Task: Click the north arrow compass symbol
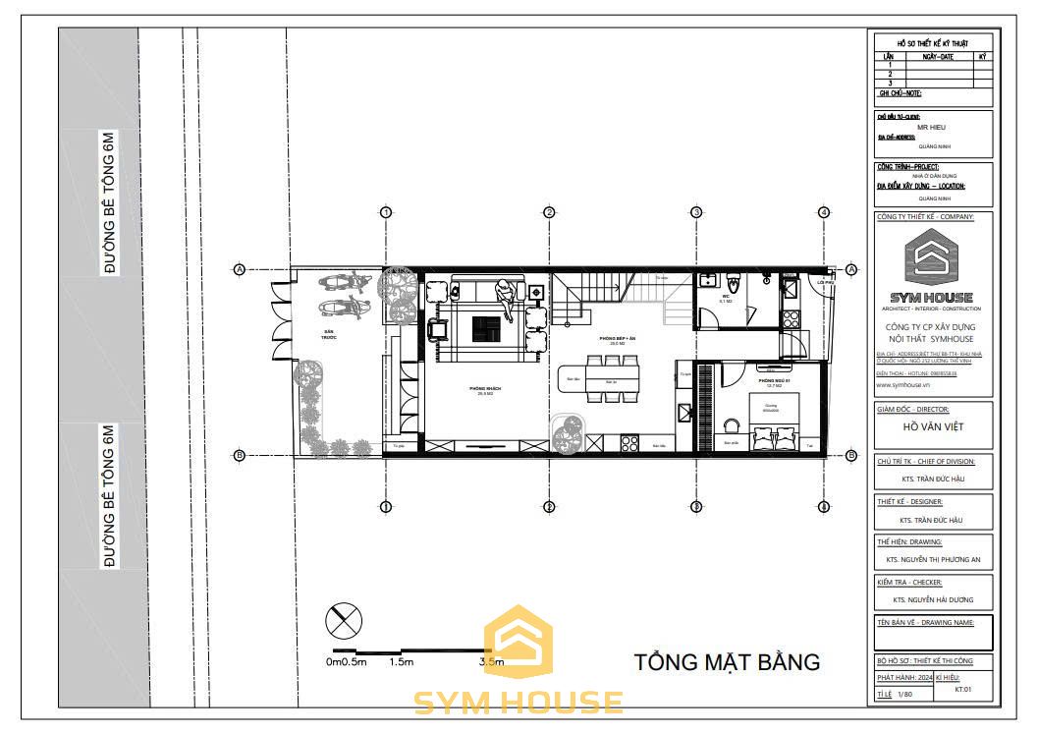pyautogui.click(x=344, y=620)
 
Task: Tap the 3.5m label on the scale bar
pyautogui.click(x=491, y=661)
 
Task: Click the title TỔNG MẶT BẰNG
pyautogui.click(x=726, y=661)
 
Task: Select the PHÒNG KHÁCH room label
pyautogui.click(x=485, y=389)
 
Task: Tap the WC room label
pyautogui.click(x=724, y=296)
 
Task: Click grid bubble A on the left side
pyautogui.click(x=239, y=269)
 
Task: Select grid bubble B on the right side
pyautogui.click(x=851, y=454)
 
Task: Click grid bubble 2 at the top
pyautogui.click(x=550, y=212)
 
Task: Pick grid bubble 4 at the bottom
pyautogui.click(x=824, y=506)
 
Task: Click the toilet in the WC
pyautogui.click(x=707, y=280)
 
